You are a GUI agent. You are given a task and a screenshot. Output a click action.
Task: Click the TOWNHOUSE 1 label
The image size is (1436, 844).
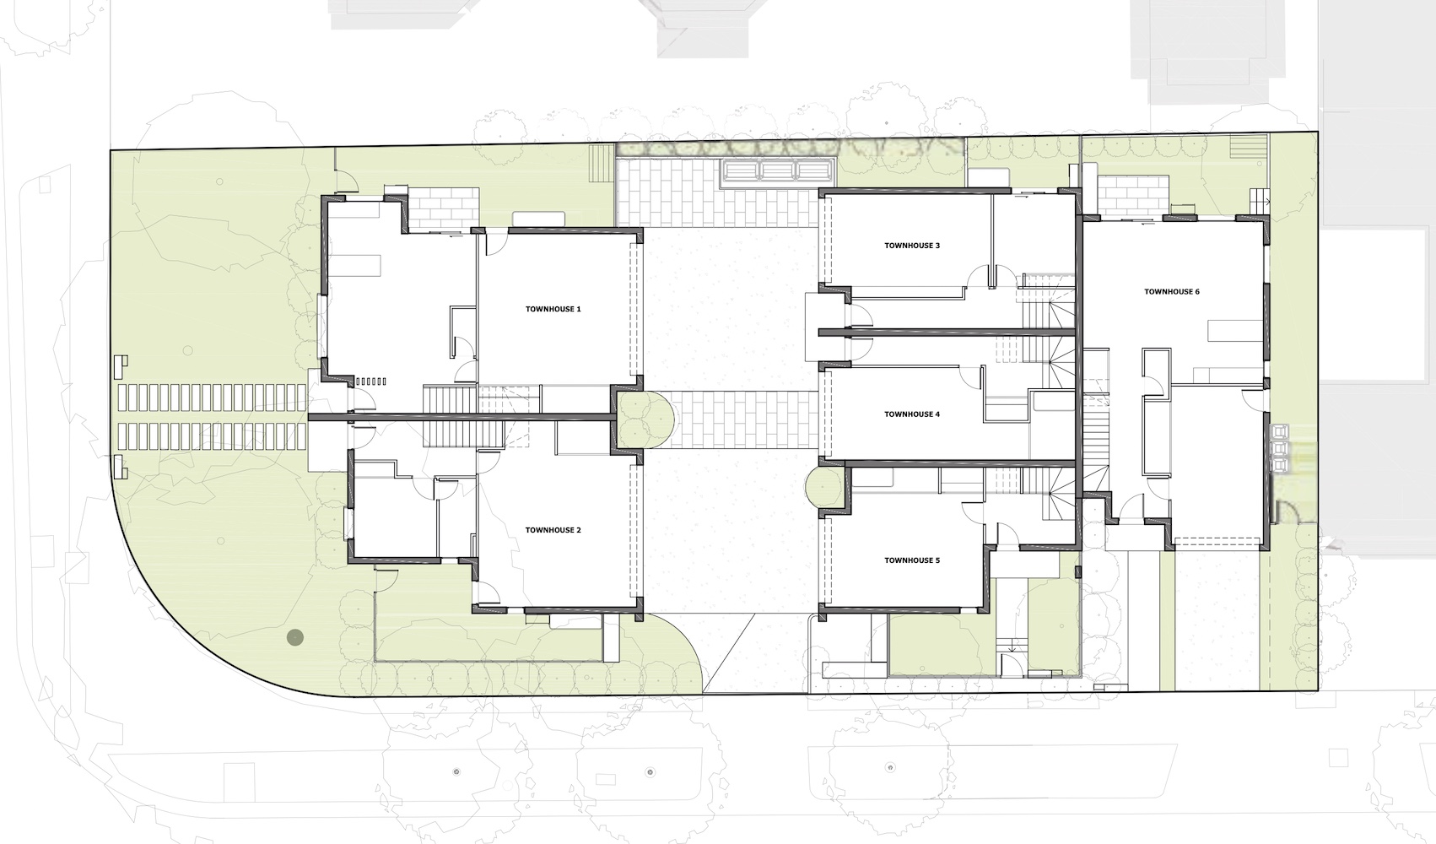point(553,309)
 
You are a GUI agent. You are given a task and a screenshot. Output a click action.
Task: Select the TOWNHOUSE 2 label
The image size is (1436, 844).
point(553,530)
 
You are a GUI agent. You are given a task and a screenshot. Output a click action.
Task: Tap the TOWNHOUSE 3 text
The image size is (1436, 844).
point(912,246)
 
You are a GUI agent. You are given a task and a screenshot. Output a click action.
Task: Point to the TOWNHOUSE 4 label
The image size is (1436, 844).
point(912,414)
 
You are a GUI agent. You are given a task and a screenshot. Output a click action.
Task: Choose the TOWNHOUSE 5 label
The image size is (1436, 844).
point(912,560)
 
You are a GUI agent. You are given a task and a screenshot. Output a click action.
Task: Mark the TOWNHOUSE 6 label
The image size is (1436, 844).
point(1172,292)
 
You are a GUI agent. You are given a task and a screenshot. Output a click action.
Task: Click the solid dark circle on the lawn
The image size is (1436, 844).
point(295,637)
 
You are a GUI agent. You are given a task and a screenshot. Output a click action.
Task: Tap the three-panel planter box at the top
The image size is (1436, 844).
point(778,170)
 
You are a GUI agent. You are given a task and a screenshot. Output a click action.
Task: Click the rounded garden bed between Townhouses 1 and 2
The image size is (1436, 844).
point(643,419)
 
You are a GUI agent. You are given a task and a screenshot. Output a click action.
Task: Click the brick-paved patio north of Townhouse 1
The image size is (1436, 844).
point(445,208)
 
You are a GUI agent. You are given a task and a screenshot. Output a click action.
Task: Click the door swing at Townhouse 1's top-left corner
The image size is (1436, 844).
point(346,183)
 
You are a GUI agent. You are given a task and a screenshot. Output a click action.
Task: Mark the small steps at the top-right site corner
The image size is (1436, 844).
point(1248,149)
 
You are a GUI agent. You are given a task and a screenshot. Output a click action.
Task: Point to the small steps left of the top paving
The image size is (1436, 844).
point(602,155)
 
